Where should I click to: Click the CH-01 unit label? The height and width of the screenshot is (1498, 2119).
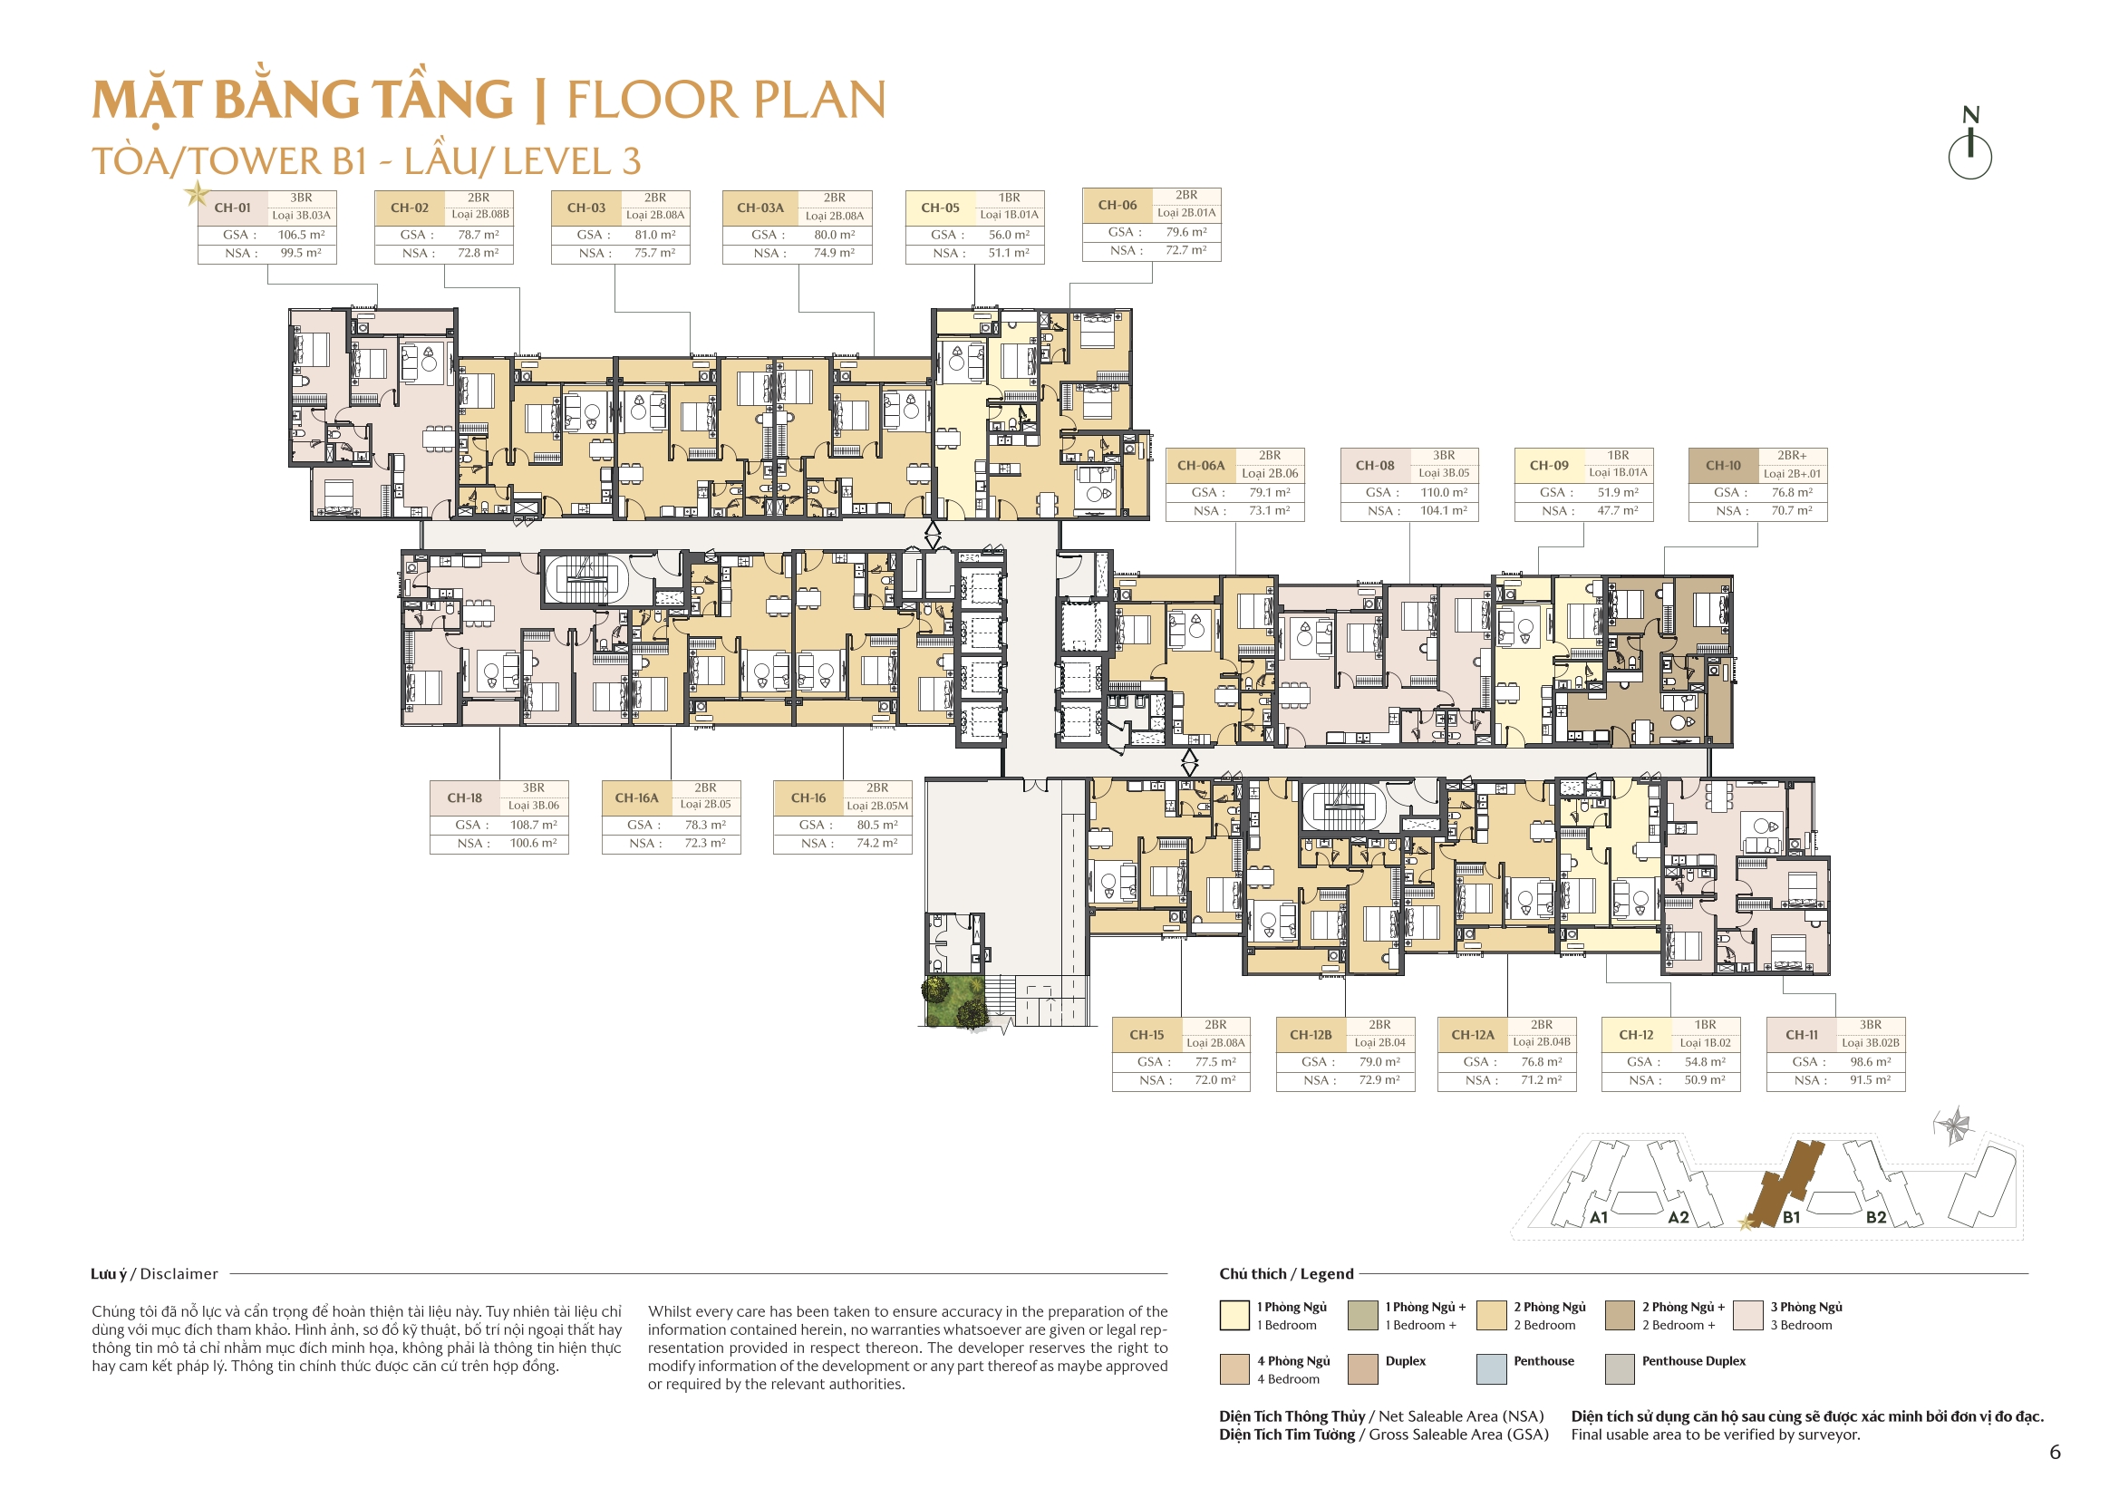(x=233, y=208)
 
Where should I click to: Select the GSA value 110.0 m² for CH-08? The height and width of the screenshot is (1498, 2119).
(x=1444, y=492)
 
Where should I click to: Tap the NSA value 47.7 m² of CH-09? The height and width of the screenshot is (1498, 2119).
(x=1618, y=510)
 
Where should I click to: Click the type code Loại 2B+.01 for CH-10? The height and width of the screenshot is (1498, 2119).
(x=1793, y=473)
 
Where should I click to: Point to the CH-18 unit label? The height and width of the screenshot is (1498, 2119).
(x=464, y=797)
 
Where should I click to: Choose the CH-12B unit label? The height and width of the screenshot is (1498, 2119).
(x=1311, y=1035)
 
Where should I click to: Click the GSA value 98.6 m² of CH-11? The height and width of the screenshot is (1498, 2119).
(x=1870, y=1061)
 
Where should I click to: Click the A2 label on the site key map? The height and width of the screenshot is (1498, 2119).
(x=1678, y=1217)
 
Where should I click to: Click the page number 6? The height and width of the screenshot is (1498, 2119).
(x=2055, y=1452)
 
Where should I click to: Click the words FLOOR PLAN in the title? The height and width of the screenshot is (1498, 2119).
(x=726, y=100)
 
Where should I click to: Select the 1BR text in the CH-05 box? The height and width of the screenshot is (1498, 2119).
(x=1009, y=198)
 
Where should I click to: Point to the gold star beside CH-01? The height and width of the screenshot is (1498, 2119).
(x=196, y=194)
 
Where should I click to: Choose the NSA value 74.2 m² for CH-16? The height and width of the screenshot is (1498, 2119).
(x=876, y=843)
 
